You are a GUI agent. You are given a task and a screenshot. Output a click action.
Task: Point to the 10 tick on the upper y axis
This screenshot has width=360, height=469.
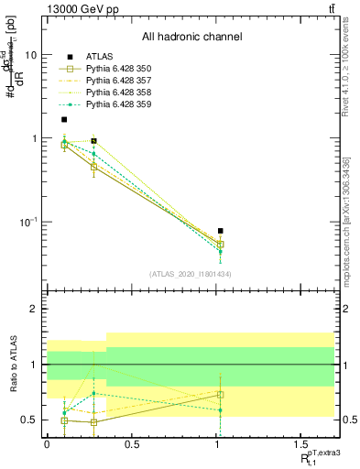[30, 54]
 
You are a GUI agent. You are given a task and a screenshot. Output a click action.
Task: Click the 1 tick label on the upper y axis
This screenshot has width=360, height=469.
[33, 138]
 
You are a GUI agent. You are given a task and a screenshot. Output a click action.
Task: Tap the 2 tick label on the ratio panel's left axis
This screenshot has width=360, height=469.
[33, 309]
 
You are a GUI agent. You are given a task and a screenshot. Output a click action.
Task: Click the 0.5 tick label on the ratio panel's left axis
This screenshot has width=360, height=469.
[28, 420]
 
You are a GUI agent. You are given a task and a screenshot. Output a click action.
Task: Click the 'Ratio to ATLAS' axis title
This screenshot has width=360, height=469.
[12, 365]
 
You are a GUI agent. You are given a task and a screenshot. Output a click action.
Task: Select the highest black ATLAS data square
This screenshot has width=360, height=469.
[64, 119]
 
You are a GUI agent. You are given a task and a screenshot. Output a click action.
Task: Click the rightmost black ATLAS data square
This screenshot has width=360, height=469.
[221, 232]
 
